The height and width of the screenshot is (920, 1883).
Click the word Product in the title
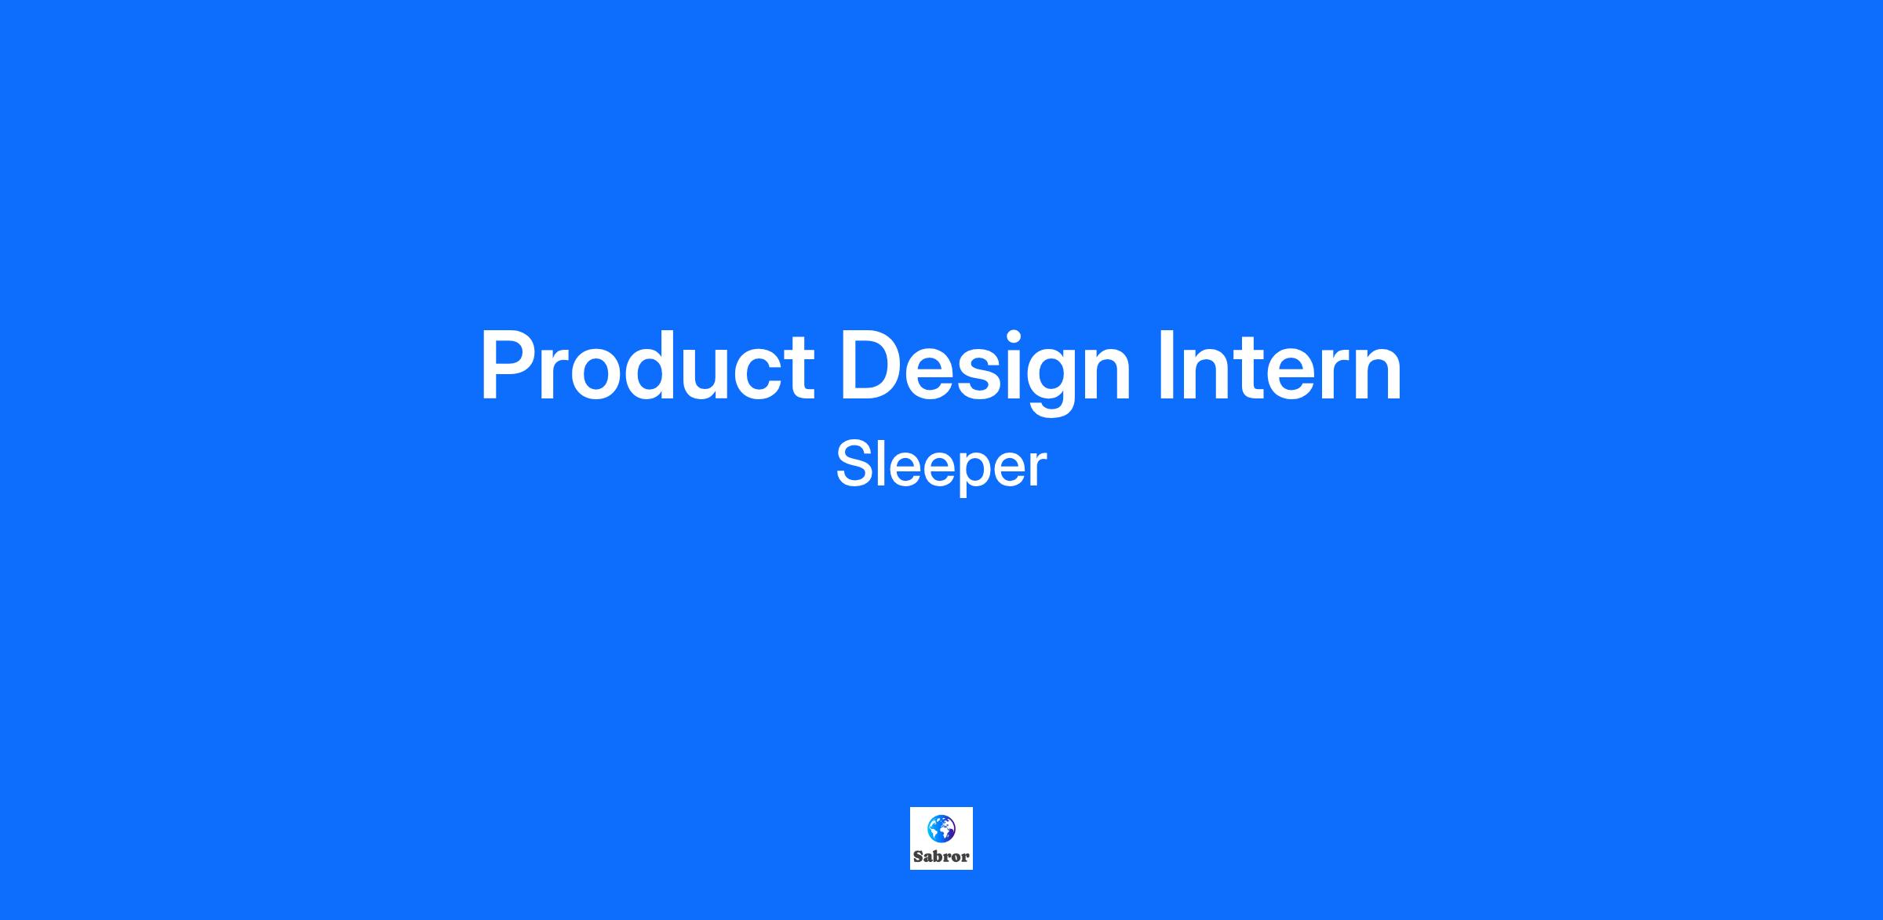pos(647,365)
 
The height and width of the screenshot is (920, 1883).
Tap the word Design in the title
pos(985,369)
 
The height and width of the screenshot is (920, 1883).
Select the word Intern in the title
pos(1280,365)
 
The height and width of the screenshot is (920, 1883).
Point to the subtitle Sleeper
pos(941,466)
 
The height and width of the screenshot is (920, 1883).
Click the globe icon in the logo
pos(941,827)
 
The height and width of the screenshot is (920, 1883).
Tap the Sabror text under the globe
pos(941,856)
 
